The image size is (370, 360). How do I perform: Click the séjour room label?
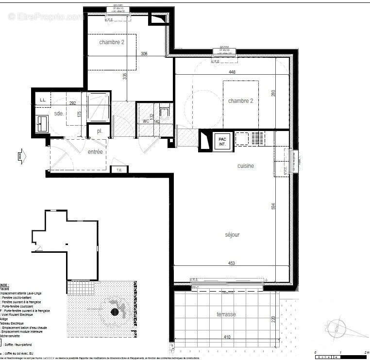pyautogui.click(x=232, y=235)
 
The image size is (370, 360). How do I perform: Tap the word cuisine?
pyautogui.click(x=245, y=166)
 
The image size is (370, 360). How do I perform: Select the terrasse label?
pyautogui.click(x=226, y=314)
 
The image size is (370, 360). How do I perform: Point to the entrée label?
pyautogui.click(x=95, y=152)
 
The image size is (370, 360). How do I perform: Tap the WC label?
pyautogui.click(x=146, y=121)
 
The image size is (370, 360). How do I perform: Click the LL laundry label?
pyautogui.click(x=42, y=100)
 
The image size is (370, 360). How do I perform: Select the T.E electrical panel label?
pyautogui.click(x=119, y=169)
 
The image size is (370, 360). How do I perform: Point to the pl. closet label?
pyautogui.click(x=99, y=131)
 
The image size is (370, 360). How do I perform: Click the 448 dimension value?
pyautogui.click(x=233, y=72)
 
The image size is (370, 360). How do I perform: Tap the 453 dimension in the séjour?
pyautogui.click(x=233, y=263)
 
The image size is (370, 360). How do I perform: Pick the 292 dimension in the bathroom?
pyautogui.click(x=72, y=103)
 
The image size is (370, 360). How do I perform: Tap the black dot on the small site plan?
pyautogui.click(x=115, y=311)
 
